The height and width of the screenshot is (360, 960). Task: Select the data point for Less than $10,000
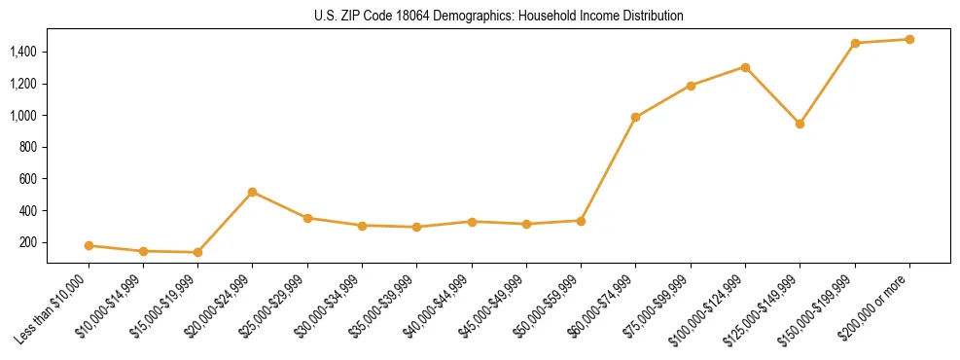point(89,245)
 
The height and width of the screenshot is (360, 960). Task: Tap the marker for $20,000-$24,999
point(253,192)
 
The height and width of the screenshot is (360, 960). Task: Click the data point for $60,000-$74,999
point(636,117)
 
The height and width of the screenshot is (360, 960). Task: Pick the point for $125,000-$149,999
point(800,124)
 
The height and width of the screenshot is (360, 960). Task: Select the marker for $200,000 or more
point(909,39)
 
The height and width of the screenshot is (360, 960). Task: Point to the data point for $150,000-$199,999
point(855,43)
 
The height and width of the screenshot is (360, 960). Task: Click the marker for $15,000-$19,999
point(198,252)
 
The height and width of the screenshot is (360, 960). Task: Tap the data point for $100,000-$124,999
point(745,67)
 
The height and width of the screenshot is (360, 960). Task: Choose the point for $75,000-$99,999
point(691,86)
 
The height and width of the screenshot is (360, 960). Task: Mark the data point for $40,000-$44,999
point(472,222)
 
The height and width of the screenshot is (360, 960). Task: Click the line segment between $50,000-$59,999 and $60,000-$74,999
point(609,168)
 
